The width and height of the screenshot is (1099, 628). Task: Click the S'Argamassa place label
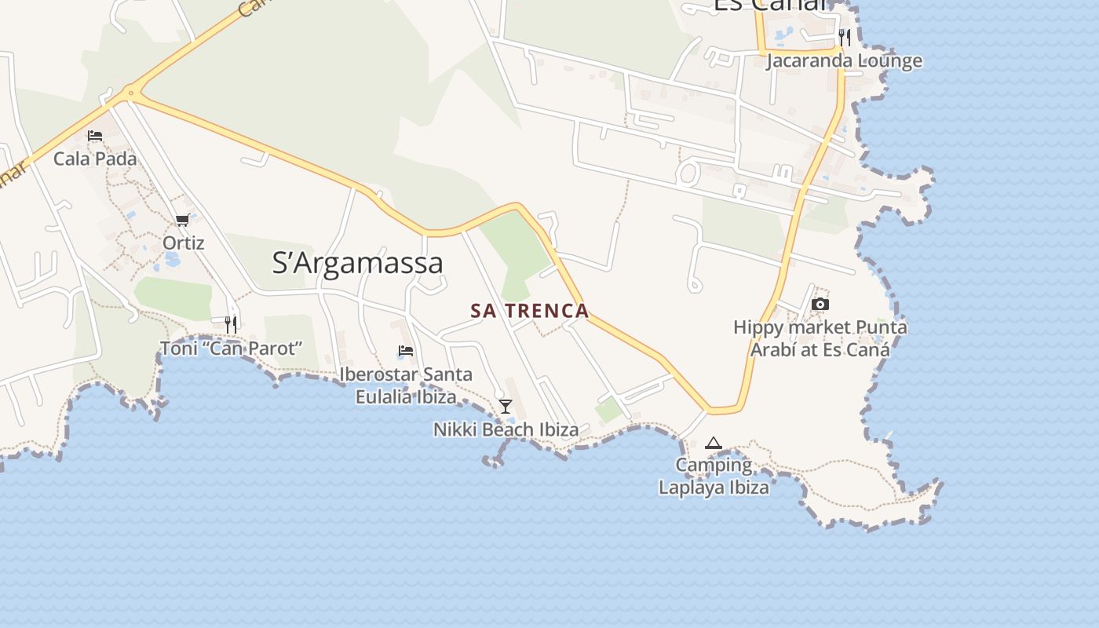tap(357, 262)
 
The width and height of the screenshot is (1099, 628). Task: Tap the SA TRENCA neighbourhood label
tap(530, 311)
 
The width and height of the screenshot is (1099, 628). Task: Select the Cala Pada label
tap(95, 159)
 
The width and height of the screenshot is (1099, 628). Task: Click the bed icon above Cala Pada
tap(95, 136)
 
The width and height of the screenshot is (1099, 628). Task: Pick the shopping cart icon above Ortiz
tap(183, 221)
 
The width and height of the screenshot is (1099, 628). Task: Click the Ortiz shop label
tap(184, 243)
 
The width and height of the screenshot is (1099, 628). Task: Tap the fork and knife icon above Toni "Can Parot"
tap(231, 323)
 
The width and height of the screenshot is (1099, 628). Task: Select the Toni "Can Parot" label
tap(231, 348)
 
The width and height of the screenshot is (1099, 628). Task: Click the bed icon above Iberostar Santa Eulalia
tap(406, 351)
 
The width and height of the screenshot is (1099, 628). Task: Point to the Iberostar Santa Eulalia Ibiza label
tap(406, 385)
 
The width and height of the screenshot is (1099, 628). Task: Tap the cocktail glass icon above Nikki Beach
tap(506, 406)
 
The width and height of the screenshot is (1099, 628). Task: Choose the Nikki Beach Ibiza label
tap(506, 429)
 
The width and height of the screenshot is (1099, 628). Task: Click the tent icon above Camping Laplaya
tap(713, 443)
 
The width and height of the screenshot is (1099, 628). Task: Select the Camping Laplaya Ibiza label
tap(714, 476)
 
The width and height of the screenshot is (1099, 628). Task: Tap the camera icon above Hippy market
tap(820, 304)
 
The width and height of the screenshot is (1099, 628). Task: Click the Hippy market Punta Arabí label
tap(820, 338)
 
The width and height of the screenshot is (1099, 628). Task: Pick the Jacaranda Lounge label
tap(845, 60)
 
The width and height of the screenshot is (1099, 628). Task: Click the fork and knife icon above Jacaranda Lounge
tap(845, 37)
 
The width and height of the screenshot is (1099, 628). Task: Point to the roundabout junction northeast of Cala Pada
tap(130, 94)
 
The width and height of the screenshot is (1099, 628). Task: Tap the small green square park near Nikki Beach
tap(608, 409)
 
